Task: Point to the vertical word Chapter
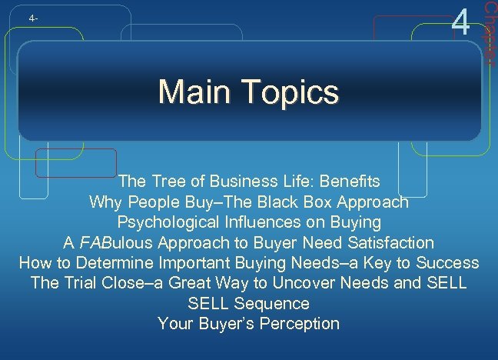[489, 31]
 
